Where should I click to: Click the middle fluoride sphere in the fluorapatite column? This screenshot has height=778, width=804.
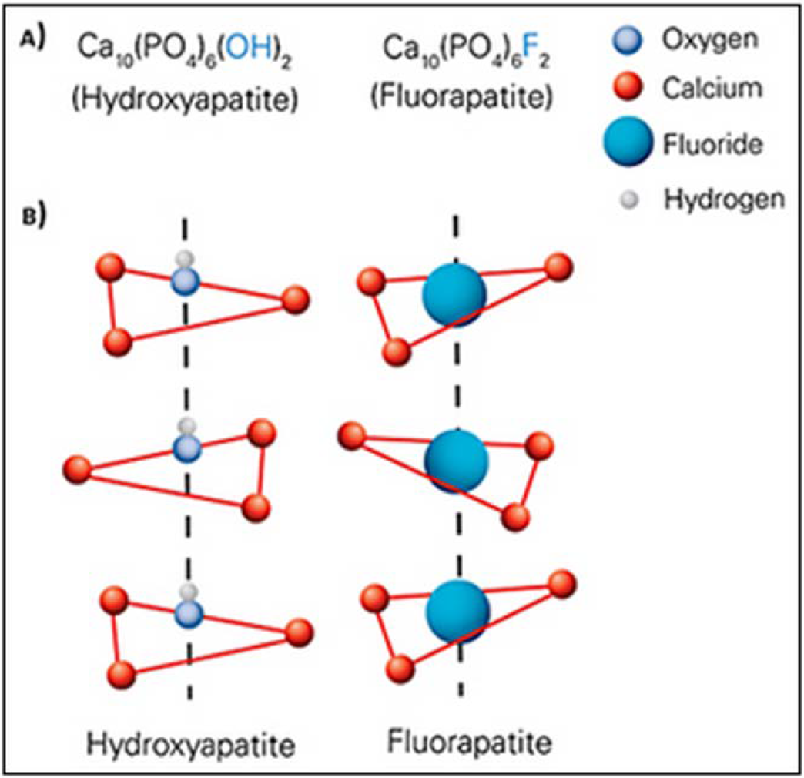457,460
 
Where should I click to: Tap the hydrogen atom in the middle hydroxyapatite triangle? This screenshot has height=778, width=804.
185,425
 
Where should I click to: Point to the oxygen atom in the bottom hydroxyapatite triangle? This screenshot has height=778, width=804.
187,614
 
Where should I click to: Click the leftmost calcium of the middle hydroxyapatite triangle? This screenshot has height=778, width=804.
78,468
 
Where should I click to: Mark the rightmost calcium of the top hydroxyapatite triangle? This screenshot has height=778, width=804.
296,300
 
